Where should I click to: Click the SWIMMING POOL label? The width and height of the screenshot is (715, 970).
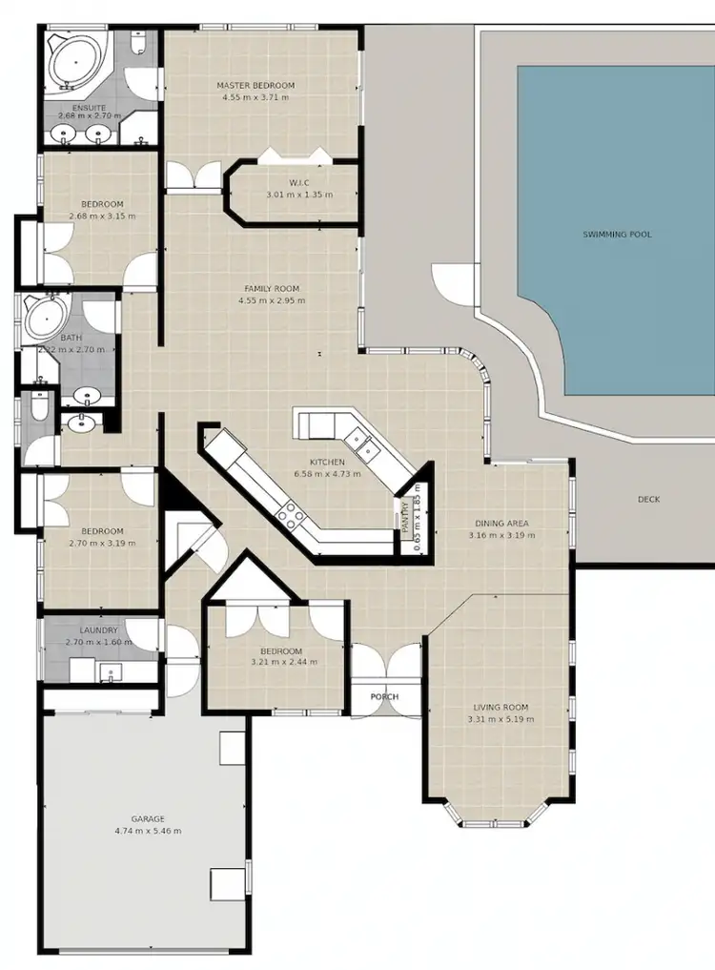tap(617, 234)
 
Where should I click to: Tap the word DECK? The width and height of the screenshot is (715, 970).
tap(648, 500)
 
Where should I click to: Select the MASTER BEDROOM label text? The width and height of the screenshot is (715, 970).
tap(255, 86)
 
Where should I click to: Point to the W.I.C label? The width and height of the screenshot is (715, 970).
tap(298, 183)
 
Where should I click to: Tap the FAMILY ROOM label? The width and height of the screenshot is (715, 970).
tap(272, 289)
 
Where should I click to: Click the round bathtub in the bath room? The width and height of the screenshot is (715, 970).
tap(44, 317)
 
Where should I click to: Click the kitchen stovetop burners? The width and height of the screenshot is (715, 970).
tap(289, 516)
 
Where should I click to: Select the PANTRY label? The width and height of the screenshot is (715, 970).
tap(406, 521)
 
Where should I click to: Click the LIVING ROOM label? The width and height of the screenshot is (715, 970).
tap(500, 708)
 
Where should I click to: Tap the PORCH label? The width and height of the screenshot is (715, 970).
tap(384, 697)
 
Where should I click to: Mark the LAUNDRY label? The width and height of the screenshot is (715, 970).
tap(99, 630)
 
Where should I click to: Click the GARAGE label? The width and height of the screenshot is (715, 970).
tap(148, 819)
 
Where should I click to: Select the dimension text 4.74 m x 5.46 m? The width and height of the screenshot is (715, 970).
tap(148, 832)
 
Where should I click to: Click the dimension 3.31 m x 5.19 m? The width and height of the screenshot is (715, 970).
tap(500, 720)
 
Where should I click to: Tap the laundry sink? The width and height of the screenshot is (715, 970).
tap(111, 674)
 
